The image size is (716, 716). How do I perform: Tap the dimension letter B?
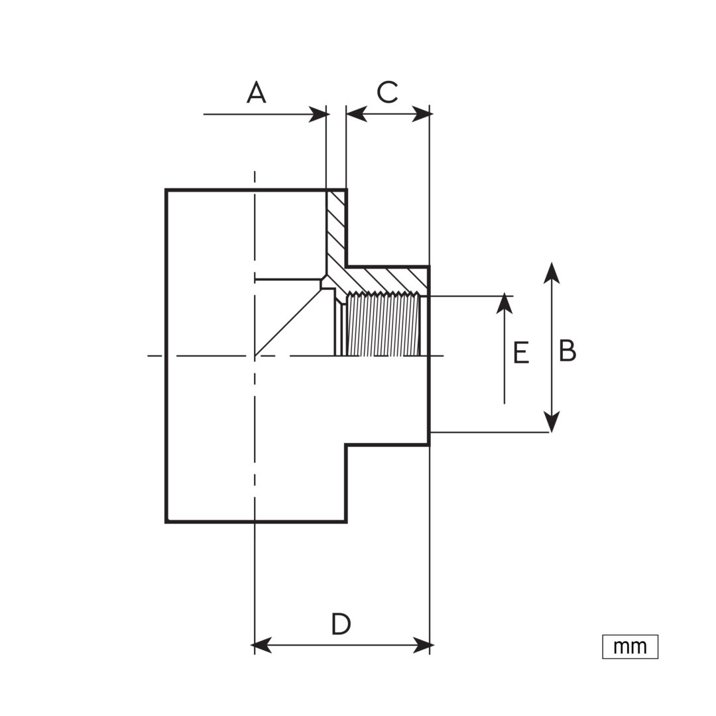pos(567,351)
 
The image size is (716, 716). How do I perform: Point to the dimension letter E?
pos(521,353)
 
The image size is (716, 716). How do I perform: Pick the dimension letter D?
pos(341,625)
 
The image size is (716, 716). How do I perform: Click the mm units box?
pos(630,646)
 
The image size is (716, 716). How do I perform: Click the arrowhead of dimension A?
pos(318,114)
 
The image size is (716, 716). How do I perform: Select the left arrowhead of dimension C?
pos(357,114)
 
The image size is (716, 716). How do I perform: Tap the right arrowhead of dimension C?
pos(420,114)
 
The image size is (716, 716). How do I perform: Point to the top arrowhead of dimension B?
pos(552,273)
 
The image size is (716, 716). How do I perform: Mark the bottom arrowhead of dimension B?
pos(552,421)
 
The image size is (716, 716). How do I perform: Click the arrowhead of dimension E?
pos(504,303)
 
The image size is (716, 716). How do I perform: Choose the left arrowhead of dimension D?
pos(262,646)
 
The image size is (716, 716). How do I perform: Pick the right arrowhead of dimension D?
pos(422,646)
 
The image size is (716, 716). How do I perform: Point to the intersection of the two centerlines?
pos(255,356)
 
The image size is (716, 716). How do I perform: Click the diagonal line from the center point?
pos(288,322)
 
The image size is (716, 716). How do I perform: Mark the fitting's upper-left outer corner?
pos(166,190)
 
